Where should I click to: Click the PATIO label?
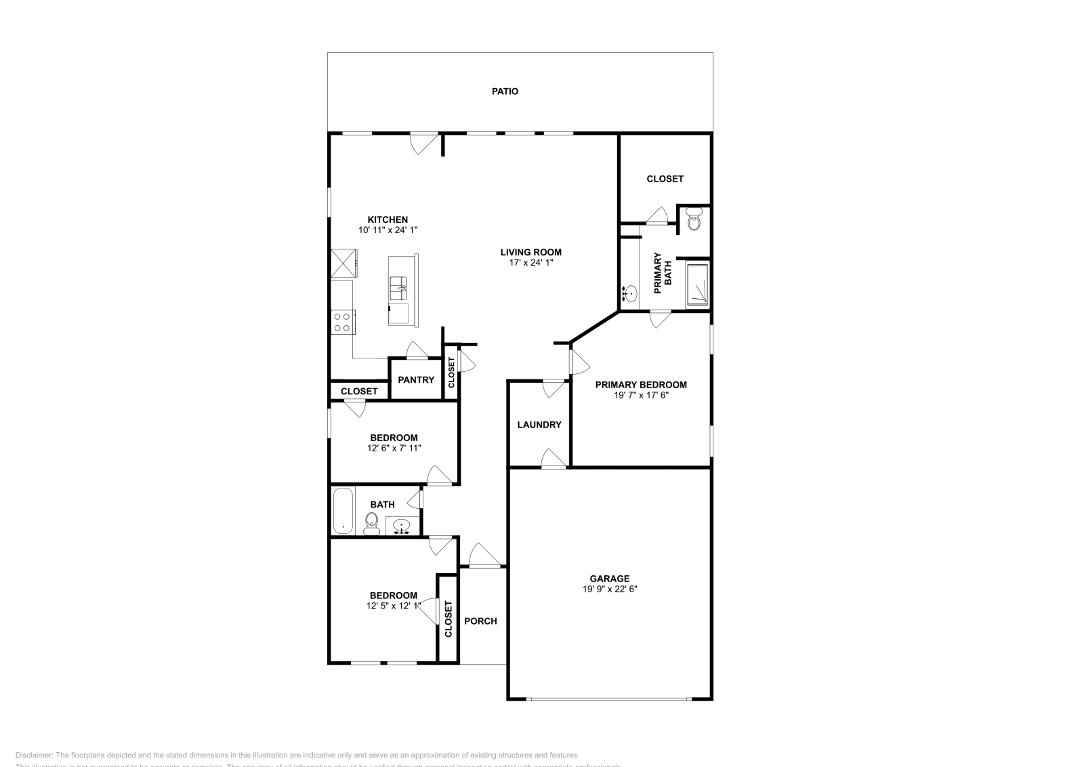(505, 91)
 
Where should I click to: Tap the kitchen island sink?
(398, 287)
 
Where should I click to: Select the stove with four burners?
(341, 321)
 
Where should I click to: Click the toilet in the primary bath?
(694, 220)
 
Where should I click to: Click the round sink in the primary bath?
(630, 294)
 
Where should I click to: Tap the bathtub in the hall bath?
(343, 510)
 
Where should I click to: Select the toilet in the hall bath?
(371, 522)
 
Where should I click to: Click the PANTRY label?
(415, 379)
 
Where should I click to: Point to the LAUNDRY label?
(539, 425)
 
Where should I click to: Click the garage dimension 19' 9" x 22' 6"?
(610, 589)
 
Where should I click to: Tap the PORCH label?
(480, 621)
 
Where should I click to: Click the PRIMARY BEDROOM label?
(641, 384)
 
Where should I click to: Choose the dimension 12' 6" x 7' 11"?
(394, 447)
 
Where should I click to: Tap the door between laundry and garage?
(554, 459)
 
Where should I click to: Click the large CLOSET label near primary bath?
(665, 179)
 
